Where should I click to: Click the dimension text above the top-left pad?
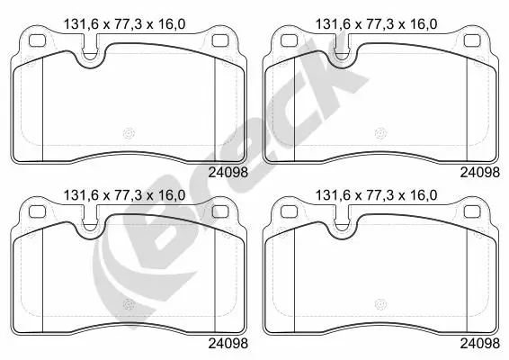tap(124, 24)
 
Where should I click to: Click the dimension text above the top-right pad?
tap(376, 24)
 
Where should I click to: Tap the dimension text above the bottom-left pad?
tap(124, 195)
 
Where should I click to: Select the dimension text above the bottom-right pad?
tap(376, 195)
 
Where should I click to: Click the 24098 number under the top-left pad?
tap(228, 173)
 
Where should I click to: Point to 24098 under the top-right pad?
tap(480, 173)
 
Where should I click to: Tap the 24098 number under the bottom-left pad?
tap(228, 344)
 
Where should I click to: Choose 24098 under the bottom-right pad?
tap(480, 344)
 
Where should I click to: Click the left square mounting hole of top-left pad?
tap(38, 40)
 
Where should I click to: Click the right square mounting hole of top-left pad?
tap(220, 40)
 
